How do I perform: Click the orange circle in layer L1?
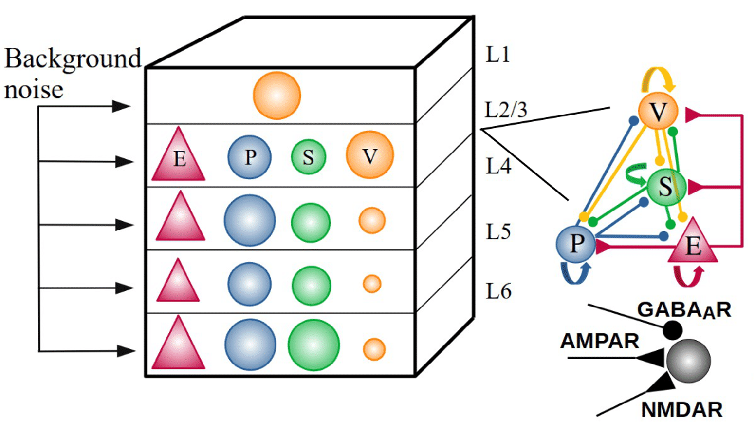pos(276,96)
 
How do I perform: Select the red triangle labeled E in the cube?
pos(179,157)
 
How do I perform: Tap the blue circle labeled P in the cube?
pos(249,157)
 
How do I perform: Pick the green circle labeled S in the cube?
pos(308,157)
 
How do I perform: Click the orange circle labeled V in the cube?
pos(369,155)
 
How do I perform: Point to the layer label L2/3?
pos(506,110)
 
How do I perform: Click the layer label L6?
pos(498,291)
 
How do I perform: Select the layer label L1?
pos(497,54)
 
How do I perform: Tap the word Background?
pos(73,58)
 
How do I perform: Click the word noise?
pos(34,90)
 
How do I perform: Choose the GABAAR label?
pos(683,310)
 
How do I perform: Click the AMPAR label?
pos(599,341)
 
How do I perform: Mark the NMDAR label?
pos(681,410)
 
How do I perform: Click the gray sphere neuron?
pos(688,361)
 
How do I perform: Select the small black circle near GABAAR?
pos(672,330)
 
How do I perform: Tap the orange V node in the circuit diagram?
pos(658,112)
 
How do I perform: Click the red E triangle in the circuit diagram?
pos(693,244)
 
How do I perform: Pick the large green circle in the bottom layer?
pos(313,345)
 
